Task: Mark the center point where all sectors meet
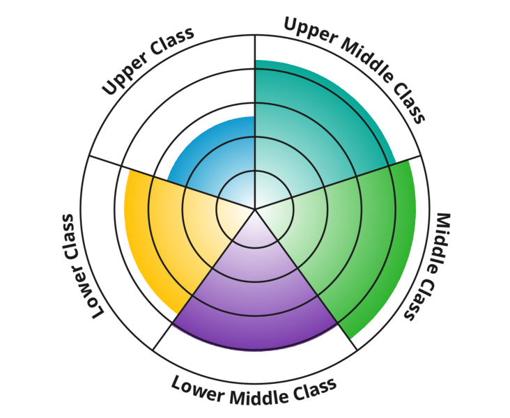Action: click(x=255, y=208)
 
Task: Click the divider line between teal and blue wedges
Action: click(x=255, y=139)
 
